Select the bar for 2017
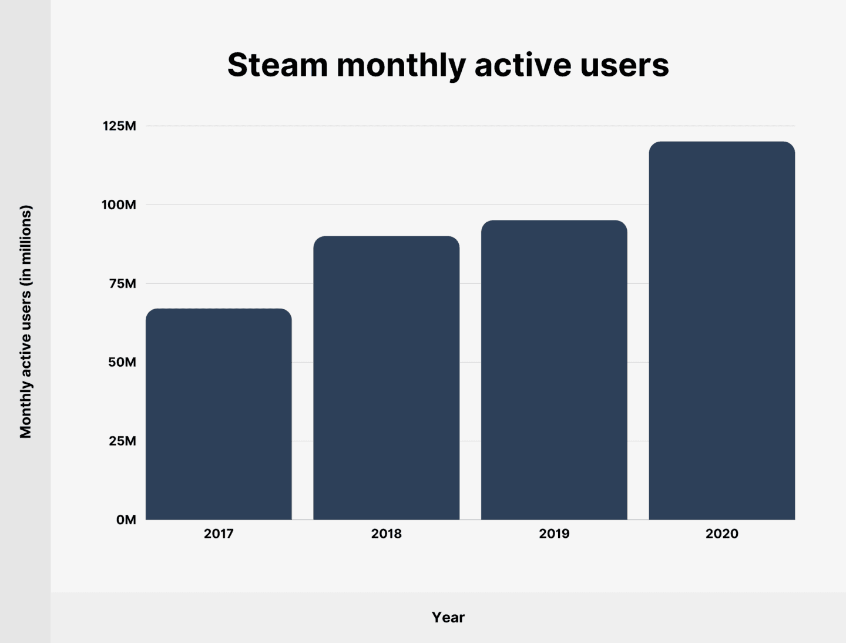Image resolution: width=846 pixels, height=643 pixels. pos(219,414)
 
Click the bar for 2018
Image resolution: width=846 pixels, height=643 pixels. pos(386,378)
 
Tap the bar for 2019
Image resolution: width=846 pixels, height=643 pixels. pos(554,370)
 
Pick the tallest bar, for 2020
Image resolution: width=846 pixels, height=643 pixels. pos(721,330)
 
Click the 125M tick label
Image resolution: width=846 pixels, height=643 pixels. pos(119,126)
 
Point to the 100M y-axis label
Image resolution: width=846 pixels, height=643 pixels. pos(119,205)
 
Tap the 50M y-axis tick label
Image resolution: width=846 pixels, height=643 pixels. pos(122,362)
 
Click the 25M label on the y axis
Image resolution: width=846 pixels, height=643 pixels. pos(122,441)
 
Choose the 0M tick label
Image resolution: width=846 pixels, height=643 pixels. pos(126,520)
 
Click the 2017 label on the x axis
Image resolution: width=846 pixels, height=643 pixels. pos(219,534)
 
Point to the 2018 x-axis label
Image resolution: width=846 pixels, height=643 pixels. pos(386,534)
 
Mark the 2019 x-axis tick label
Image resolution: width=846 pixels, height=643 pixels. pos(554,534)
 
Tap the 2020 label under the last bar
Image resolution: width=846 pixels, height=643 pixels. pos(721,534)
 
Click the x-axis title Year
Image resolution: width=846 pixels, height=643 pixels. pos(448,617)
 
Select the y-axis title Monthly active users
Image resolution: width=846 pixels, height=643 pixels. pos(25,321)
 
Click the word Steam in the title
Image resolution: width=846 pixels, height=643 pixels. pos(277,65)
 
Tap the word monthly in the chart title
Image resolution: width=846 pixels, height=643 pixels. pos(401,65)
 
